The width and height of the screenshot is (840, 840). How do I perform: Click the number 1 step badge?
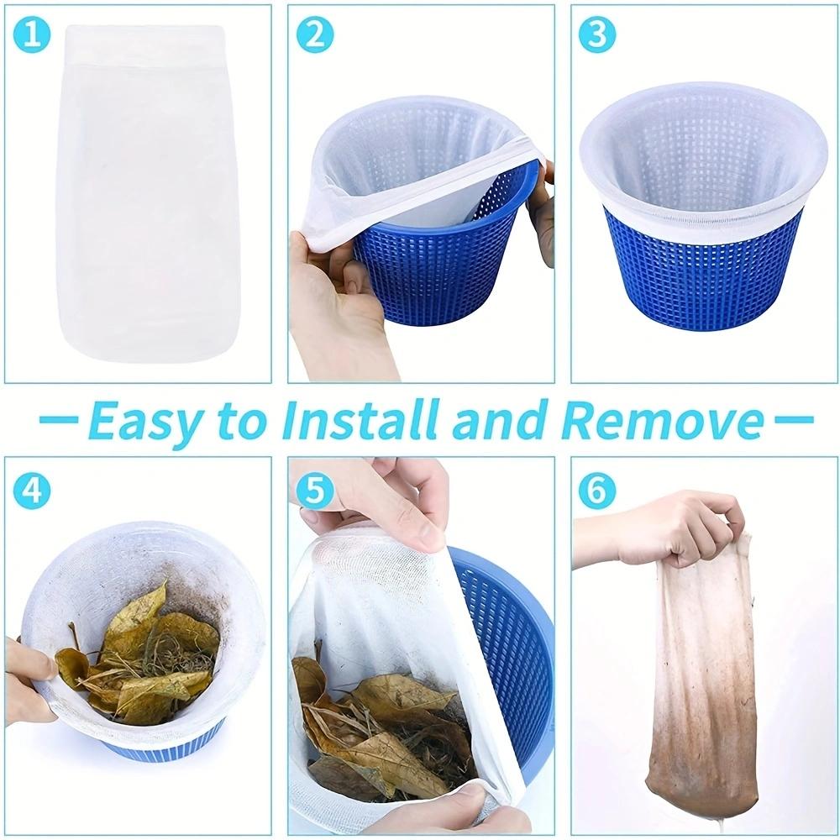point(32,36)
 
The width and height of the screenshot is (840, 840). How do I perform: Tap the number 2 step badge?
point(314,36)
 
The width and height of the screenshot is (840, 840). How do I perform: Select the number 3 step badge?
point(597,36)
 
